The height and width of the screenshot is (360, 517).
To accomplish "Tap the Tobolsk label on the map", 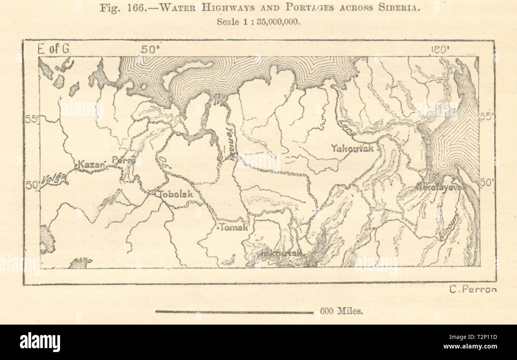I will (x=176, y=194).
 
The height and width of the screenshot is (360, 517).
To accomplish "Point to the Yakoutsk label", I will (x=352, y=148).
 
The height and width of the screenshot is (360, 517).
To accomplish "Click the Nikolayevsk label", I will (x=437, y=187).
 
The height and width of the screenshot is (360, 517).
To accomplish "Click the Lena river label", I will (x=346, y=128).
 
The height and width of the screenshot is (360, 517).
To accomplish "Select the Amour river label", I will (x=449, y=228).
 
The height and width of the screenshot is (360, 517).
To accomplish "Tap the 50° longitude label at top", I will (x=150, y=49).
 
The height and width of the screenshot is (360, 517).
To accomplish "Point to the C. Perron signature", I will (x=473, y=290).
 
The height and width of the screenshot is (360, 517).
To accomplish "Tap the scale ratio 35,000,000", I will (x=277, y=22).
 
